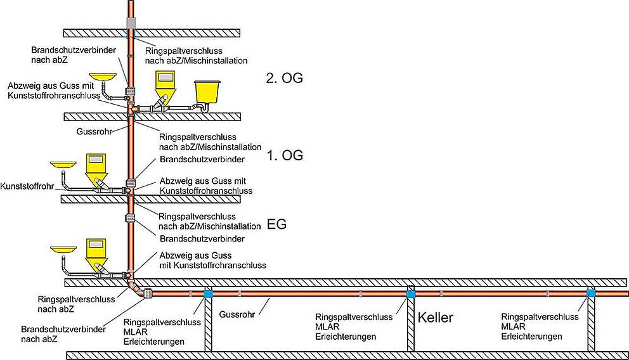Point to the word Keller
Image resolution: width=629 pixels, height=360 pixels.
point(435,318)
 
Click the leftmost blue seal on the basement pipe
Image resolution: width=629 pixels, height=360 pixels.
point(207,293)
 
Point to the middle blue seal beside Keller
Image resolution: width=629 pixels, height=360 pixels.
point(411,293)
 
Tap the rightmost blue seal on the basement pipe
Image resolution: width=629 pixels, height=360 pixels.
point(591,293)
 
